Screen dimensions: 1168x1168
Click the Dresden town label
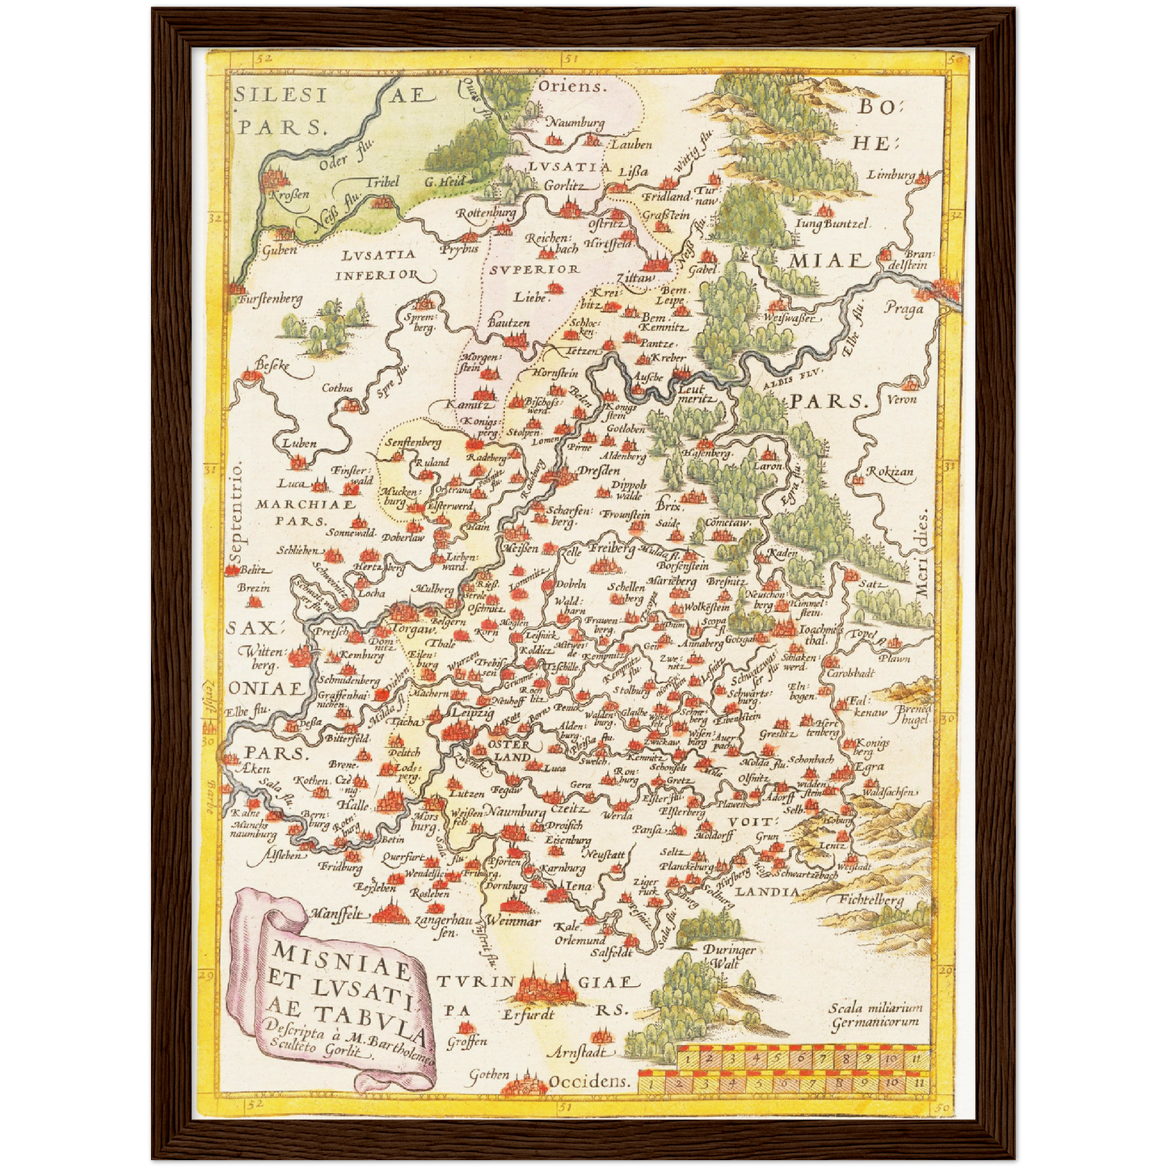[x=599, y=470]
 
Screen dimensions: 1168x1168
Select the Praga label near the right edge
[x=903, y=309]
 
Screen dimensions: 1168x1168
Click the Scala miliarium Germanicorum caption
[x=875, y=1014]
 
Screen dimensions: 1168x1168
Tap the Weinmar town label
[x=514, y=921]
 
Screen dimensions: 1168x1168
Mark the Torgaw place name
[x=415, y=629]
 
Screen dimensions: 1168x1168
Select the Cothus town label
[x=337, y=388]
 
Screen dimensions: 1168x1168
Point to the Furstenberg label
[x=270, y=299]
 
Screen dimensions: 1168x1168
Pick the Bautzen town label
[x=508, y=323]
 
